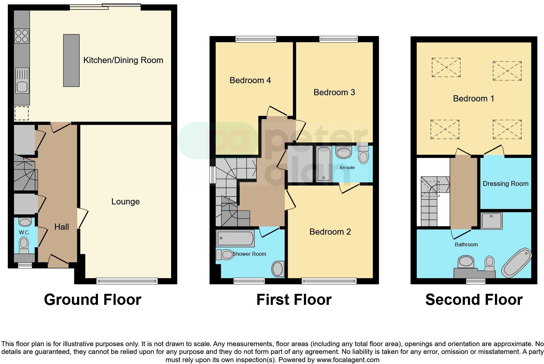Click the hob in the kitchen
pos(22,36)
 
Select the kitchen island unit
pos(71,60)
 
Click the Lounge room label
pos(125,202)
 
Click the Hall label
pos(61,227)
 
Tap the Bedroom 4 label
pos(250,80)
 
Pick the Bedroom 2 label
pos(330,232)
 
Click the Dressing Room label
pos(505,184)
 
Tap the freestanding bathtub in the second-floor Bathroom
pos(516,263)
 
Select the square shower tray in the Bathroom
pos(491,221)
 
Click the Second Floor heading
pos(474,300)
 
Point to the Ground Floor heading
pos(93,300)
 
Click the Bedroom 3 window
pos(338,39)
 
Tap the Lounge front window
pos(127,280)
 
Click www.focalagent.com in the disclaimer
pos(348,360)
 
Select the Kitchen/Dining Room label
pos(123,60)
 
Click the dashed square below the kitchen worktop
pos(21,113)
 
